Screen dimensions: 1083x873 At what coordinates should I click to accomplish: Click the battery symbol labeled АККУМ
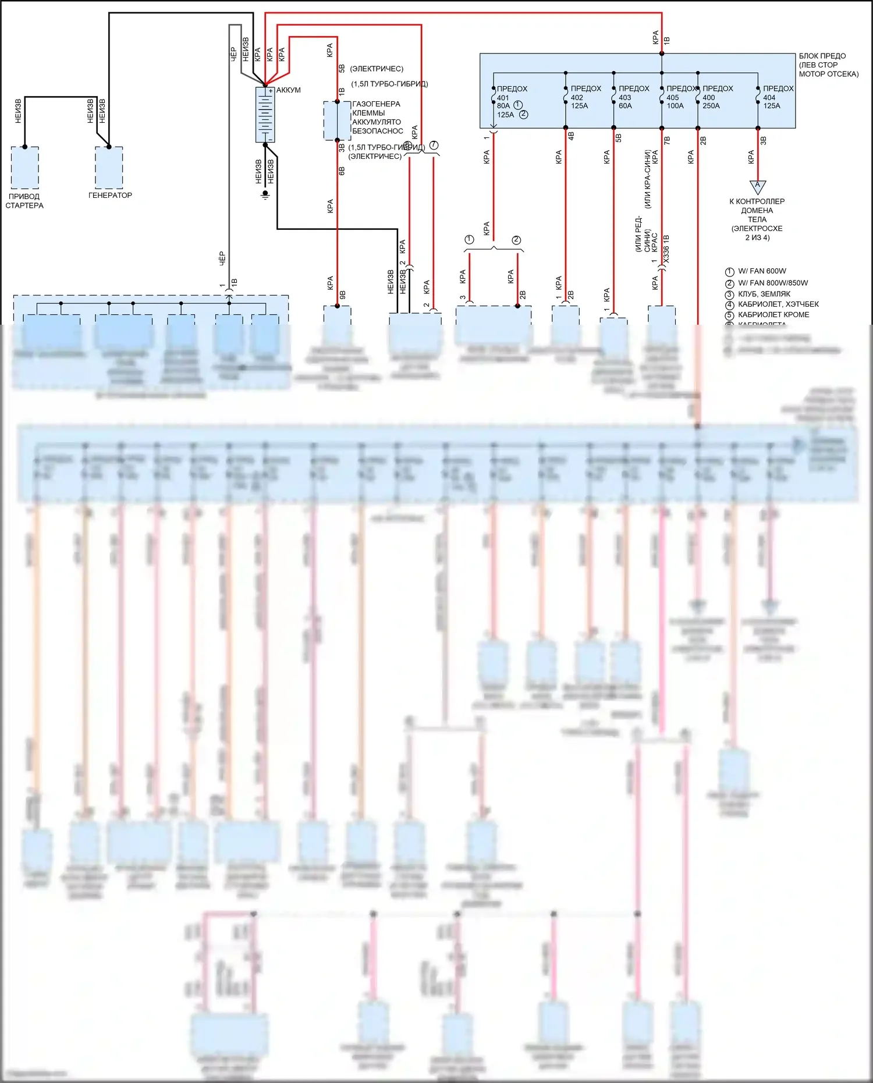(x=265, y=115)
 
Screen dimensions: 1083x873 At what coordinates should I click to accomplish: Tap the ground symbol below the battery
(x=265, y=194)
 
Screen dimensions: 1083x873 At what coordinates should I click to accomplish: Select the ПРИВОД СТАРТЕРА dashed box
(x=25, y=168)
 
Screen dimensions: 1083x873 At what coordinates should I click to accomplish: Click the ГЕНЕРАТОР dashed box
(x=109, y=168)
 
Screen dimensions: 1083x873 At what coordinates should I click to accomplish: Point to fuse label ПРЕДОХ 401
(x=512, y=89)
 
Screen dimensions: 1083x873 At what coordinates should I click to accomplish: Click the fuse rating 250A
(x=711, y=106)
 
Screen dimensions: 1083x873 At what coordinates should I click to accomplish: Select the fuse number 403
(x=625, y=98)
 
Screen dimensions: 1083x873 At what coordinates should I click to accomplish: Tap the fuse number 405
(x=673, y=98)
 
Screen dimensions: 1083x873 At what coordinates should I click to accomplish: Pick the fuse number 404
(x=769, y=98)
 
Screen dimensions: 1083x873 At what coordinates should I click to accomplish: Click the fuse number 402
(x=577, y=98)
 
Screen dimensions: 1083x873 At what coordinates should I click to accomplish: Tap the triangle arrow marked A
(x=757, y=186)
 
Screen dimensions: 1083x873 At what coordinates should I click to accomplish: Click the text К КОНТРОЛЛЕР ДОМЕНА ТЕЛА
(x=757, y=210)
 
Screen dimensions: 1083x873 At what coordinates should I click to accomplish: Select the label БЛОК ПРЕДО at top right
(x=822, y=56)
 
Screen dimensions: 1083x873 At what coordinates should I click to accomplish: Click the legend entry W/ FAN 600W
(x=762, y=271)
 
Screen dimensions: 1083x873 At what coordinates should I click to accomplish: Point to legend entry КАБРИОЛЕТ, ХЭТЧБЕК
(x=778, y=304)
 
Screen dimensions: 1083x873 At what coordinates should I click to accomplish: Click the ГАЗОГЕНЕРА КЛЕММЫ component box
(x=337, y=121)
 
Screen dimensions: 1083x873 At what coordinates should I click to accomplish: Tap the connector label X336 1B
(x=666, y=248)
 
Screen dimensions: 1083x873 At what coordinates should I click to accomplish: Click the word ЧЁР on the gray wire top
(x=233, y=54)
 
